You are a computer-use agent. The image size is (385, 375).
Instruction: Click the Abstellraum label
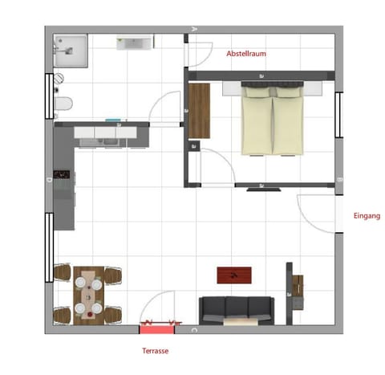click(x=246, y=54)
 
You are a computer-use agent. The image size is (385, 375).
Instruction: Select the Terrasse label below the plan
click(x=156, y=351)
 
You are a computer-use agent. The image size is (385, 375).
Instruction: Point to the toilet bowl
click(x=64, y=104)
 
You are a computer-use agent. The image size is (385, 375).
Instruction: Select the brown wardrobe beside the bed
click(x=199, y=110)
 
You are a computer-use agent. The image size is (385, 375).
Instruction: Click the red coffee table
click(x=235, y=275)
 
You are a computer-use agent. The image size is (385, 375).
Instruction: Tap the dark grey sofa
click(x=236, y=308)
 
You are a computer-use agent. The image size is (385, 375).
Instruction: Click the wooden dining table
click(x=87, y=294)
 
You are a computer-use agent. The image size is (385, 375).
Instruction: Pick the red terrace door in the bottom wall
click(x=156, y=326)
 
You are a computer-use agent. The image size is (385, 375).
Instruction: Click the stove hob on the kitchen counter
click(x=62, y=173)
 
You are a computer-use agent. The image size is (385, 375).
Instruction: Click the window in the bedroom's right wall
click(x=338, y=117)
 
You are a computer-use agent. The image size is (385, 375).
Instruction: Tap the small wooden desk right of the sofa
click(x=297, y=293)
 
